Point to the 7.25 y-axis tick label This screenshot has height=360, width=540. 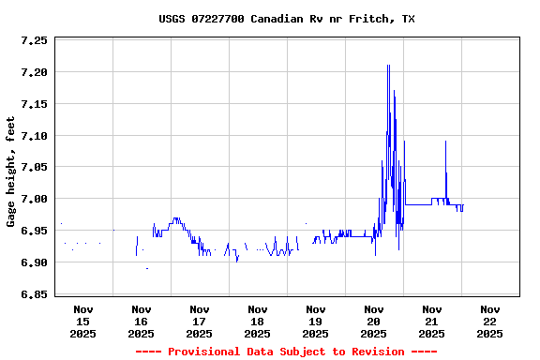coord(34,40)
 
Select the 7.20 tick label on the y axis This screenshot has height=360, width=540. coord(34,72)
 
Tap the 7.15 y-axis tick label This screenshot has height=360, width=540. coord(34,104)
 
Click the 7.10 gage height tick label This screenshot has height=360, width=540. coord(34,136)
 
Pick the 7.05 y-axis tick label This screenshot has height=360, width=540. coord(34,168)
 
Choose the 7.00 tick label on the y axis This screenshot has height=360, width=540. coord(34,200)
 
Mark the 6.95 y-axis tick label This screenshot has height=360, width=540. coord(34,232)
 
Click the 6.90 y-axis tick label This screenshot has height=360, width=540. coord(34,263)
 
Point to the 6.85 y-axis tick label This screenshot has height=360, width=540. coord(34,294)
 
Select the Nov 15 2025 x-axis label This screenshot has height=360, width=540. coord(83,321)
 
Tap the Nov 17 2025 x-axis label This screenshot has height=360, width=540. coord(200,321)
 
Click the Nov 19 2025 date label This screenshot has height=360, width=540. coord(316,321)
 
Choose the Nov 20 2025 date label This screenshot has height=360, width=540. coord(374,321)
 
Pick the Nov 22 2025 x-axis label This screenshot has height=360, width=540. coord(489,321)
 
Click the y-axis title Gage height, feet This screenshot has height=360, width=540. coord(11,172)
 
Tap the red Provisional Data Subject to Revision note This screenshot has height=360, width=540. coord(286,352)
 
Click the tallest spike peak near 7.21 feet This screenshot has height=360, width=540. coord(388,66)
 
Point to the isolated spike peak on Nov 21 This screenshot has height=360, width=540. coord(445,142)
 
